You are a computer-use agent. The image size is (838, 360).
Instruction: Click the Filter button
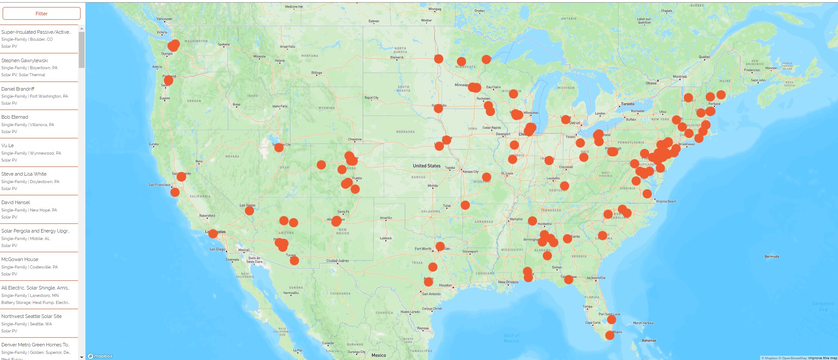[42, 14]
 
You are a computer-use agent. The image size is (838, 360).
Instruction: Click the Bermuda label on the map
[771, 257]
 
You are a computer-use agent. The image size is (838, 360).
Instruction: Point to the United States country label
[426, 166]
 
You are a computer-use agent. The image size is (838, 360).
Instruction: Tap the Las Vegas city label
[248, 205]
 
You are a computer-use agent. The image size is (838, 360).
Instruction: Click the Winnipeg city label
[435, 9]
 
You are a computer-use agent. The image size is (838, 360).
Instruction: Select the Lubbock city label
[385, 238]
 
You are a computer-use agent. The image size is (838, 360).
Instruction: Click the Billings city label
[316, 73]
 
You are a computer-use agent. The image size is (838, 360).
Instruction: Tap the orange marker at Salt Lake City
[279, 148]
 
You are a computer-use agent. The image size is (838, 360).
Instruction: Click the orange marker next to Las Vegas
[249, 211]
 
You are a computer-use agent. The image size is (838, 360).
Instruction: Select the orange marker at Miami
[609, 335]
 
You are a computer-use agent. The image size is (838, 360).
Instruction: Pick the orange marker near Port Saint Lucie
[612, 320]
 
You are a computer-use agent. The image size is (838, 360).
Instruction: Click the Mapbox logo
[100, 356]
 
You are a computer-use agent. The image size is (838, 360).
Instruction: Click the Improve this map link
[822, 358]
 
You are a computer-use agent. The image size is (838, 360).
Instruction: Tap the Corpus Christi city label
[432, 309]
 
